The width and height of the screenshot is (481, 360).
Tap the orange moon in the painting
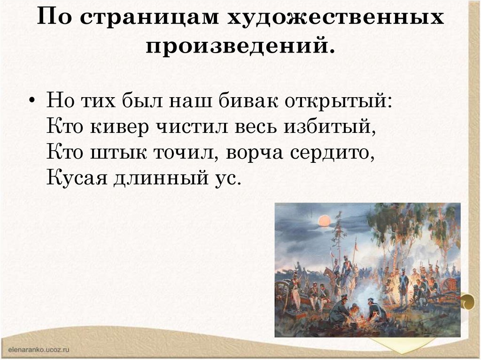[324, 221]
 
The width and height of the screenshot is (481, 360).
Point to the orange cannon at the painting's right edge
[450, 283]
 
